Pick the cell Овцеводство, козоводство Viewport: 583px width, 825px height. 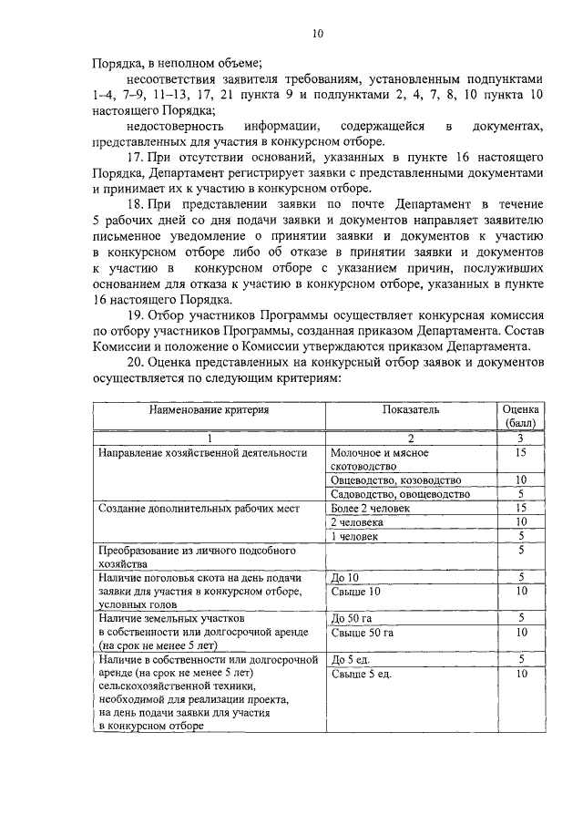(396, 480)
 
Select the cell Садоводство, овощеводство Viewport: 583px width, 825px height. (400, 494)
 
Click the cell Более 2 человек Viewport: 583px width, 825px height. (371, 508)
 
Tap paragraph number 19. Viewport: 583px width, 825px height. (137, 315)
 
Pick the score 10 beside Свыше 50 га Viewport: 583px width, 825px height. (521, 632)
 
